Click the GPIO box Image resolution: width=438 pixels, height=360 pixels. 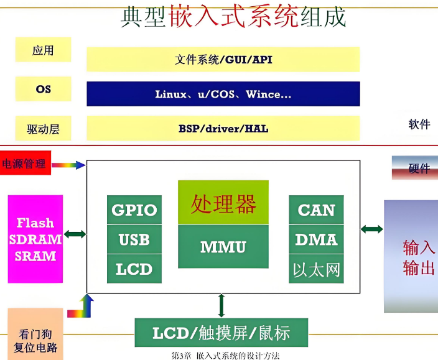pos(134,210)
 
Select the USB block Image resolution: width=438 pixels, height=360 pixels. pos(134,239)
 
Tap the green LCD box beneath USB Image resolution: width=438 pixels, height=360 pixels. pos(134,269)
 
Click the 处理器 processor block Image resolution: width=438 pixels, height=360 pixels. pos(223,203)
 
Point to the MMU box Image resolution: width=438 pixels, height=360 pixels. pos(223,247)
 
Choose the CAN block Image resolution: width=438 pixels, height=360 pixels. pos(316,210)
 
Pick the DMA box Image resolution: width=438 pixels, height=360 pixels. pos(316,239)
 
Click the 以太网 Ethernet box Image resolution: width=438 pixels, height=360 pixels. pos(316,270)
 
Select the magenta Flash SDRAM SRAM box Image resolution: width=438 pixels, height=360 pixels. pos(35,239)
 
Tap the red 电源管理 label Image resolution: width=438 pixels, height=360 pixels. pos(25,164)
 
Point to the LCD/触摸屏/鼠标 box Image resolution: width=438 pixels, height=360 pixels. pos(221,333)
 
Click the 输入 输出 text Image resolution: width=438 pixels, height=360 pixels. pos(418,257)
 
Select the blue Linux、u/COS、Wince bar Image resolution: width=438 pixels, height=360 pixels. pos(223,95)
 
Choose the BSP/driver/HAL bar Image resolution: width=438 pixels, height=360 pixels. pos(223,129)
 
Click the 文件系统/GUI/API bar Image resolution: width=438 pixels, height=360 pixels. pos(223,60)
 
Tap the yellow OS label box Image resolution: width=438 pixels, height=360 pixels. pos(43,89)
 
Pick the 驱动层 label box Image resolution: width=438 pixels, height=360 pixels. pos(43,129)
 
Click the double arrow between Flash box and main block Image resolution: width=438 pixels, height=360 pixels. pos(75,234)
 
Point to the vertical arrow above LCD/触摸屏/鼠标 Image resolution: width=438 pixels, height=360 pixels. pos(221,305)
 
